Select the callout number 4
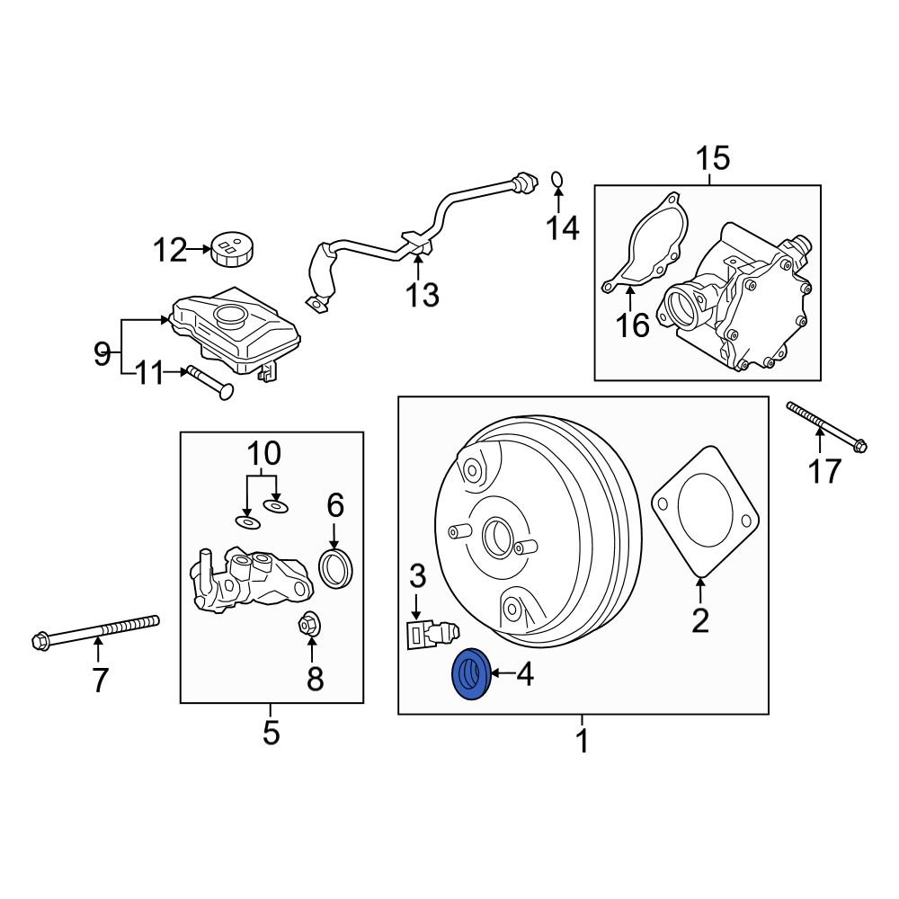point(524,673)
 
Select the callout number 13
point(421,293)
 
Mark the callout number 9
point(102,354)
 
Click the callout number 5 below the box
point(271,734)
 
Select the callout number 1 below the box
point(582,743)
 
